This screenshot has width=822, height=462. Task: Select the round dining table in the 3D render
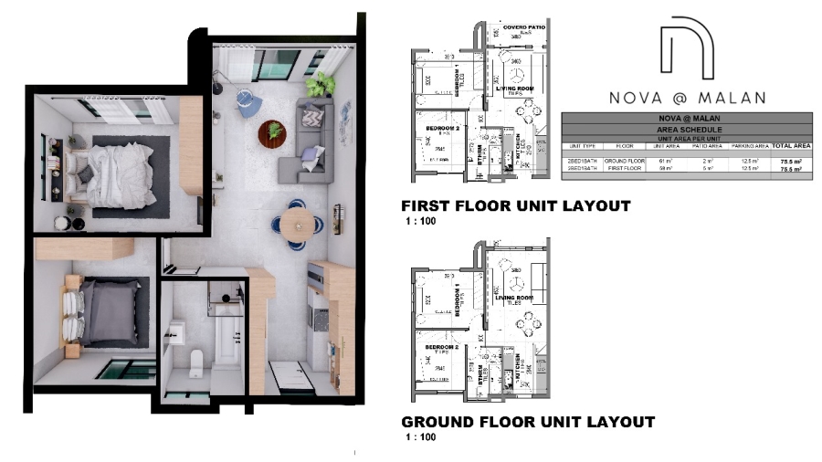[296, 222]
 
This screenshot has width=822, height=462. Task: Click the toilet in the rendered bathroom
[195, 362]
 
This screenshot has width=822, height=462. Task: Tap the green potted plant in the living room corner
[320, 85]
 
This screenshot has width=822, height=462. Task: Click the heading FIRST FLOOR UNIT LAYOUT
[516, 206]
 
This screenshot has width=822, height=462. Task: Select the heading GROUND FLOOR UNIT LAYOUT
[528, 422]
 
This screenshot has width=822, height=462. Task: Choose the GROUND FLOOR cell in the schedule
[624, 160]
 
